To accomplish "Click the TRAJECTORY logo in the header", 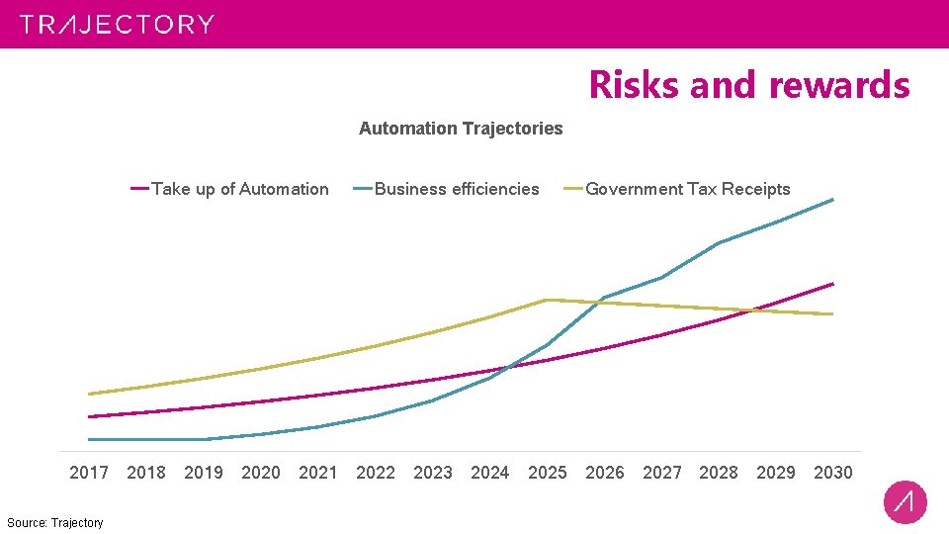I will [117, 25].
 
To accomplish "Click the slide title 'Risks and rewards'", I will [748, 85].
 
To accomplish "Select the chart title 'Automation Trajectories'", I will [461, 129].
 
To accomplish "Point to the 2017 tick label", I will [89, 473].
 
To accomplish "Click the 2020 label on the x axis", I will [261, 473].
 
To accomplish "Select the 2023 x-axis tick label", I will [433, 473].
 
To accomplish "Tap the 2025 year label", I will [548, 473].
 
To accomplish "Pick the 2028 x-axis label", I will [719, 473].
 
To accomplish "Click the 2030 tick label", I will [832, 473].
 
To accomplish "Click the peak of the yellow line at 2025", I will [547, 300].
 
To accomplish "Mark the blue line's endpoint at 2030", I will [832, 200].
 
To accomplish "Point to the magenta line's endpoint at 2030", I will [832, 284].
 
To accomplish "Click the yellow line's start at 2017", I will [89, 394].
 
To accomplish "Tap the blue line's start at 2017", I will [89, 439].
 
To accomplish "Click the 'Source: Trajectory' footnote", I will [54, 522].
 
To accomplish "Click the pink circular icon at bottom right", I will [905, 502].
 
